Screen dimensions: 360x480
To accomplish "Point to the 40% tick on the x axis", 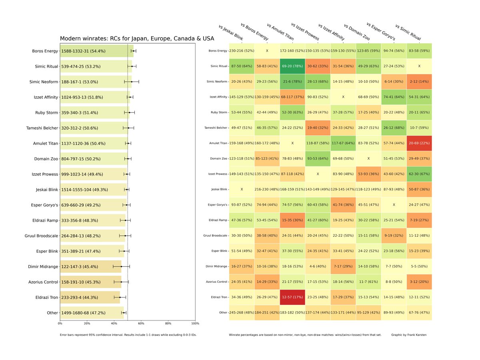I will click(x=114, y=323).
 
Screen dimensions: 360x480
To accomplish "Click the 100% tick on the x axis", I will click(x=195, y=323).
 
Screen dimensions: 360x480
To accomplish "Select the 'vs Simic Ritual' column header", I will click(x=408, y=32).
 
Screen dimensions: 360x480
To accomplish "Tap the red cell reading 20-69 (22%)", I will click(x=419, y=143).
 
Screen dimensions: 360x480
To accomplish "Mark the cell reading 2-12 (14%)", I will click(x=419, y=82).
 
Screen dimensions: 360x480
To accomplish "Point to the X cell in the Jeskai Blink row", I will click(x=242, y=189).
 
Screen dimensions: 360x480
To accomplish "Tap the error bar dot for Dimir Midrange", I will click(x=122, y=266).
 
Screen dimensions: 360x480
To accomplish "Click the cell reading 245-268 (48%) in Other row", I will click(x=242, y=312).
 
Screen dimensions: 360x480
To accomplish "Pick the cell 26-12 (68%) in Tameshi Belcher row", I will click(x=394, y=128).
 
